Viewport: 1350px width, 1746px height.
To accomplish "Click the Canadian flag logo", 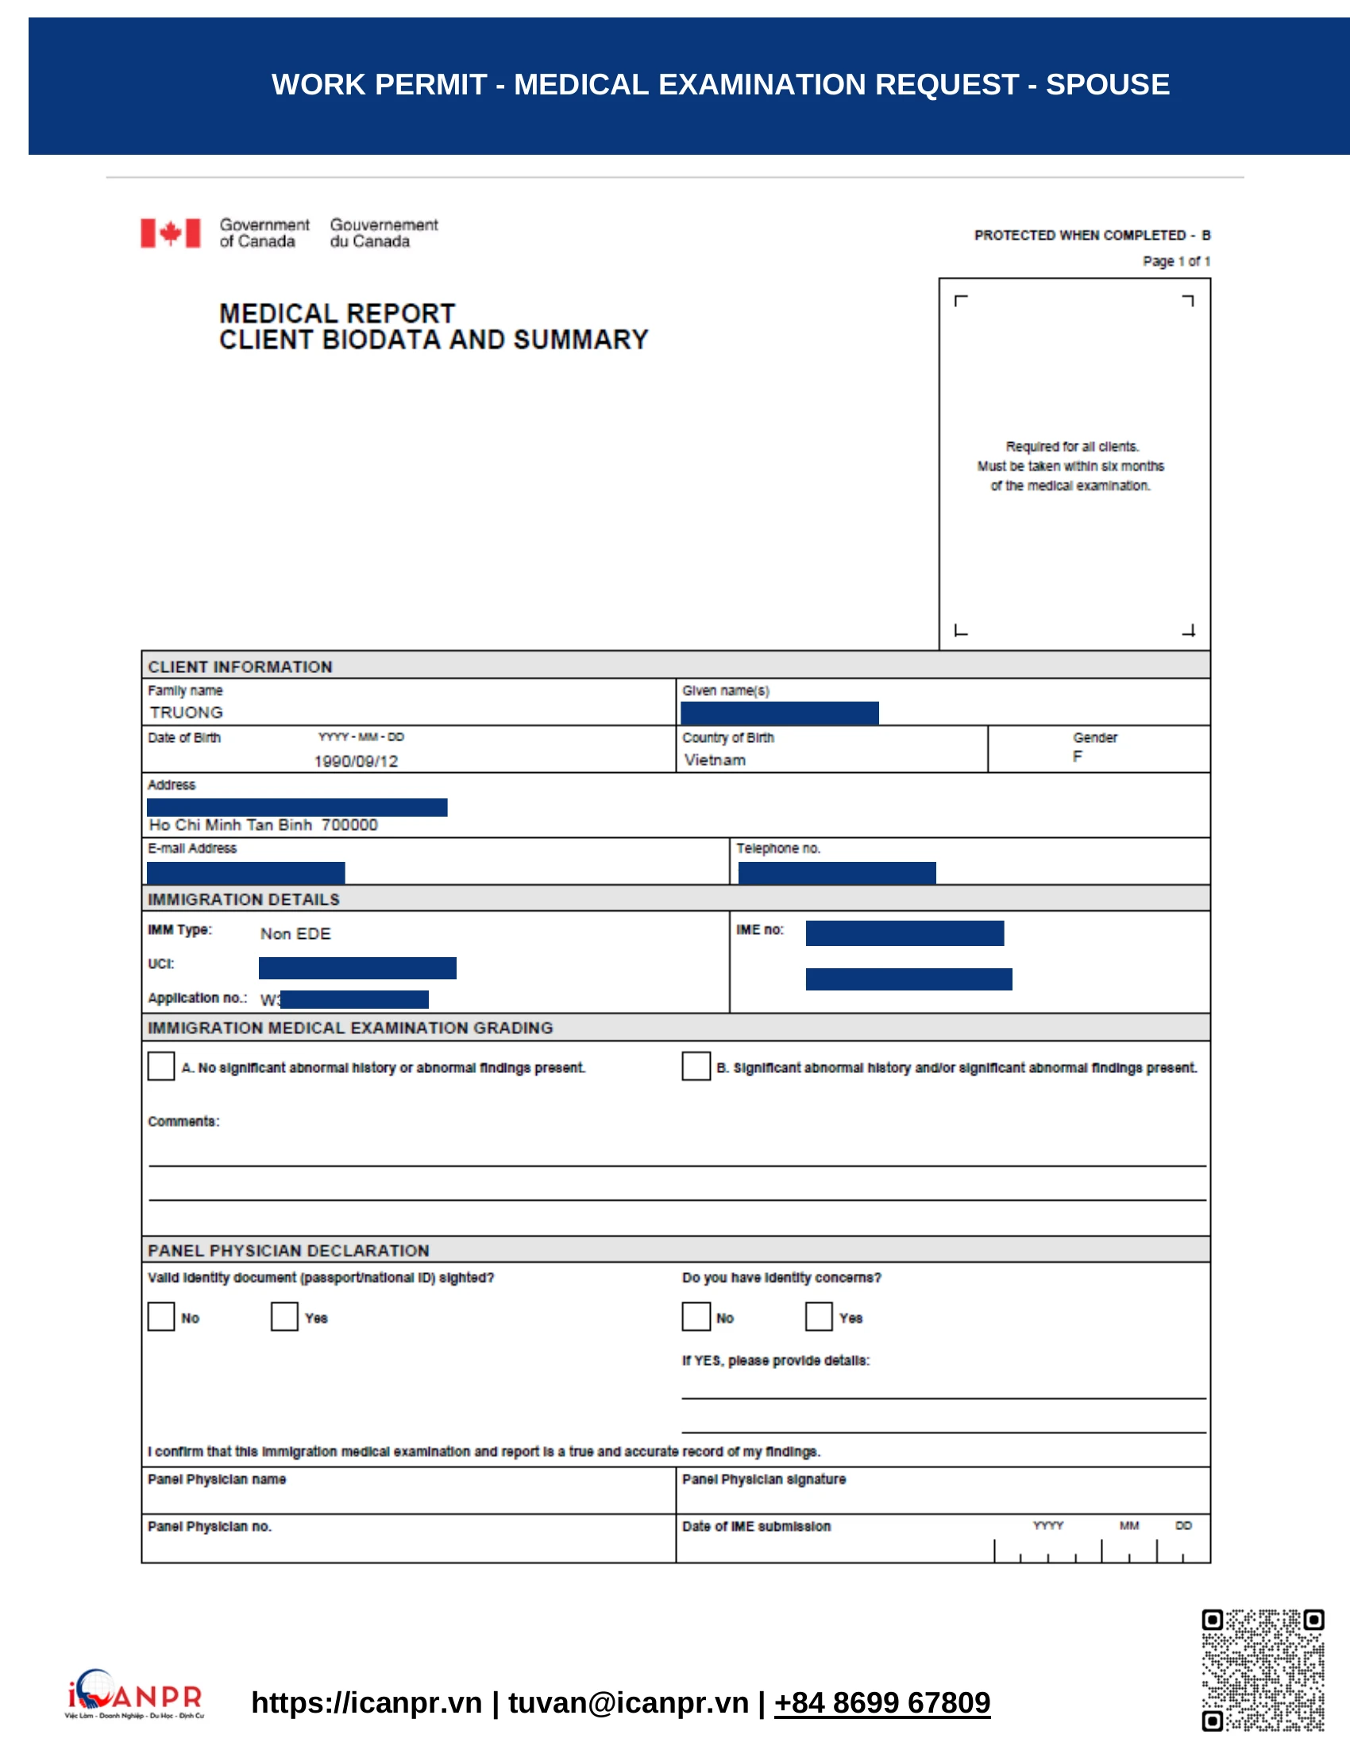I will (171, 233).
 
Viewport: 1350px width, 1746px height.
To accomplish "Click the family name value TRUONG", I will (186, 712).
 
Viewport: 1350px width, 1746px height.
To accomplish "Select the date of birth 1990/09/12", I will (356, 760).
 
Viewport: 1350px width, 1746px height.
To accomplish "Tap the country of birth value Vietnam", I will (715, 760).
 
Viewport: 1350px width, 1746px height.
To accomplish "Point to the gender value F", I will (1078, 756).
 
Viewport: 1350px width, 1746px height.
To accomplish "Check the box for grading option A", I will (160, 1066).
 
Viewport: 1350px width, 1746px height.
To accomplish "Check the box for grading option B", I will (696, 1066).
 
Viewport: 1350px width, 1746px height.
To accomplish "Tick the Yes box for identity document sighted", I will (284, 1317).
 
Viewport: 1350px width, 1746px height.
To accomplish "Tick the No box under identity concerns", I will (696, 1317).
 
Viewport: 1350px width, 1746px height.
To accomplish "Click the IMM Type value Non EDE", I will (295, 933).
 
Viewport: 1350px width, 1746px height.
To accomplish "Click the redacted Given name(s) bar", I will (779, 713).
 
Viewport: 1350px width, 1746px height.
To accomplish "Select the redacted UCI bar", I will (357, 967).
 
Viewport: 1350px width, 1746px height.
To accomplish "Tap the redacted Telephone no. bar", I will (836, 872).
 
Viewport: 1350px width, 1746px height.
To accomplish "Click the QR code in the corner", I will (1262, 1670).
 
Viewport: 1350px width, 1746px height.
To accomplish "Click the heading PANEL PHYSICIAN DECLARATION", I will (288, 1249).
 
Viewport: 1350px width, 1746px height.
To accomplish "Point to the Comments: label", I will (183, 1121).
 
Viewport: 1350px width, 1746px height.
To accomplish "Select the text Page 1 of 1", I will (1175, 260).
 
